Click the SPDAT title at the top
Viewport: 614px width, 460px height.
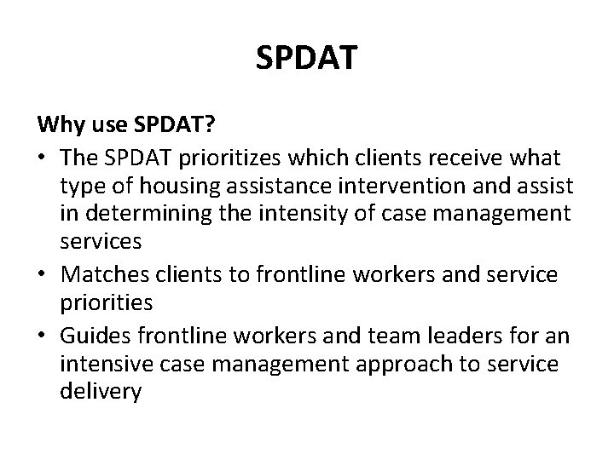pyautogui.click(x=307, y=60)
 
